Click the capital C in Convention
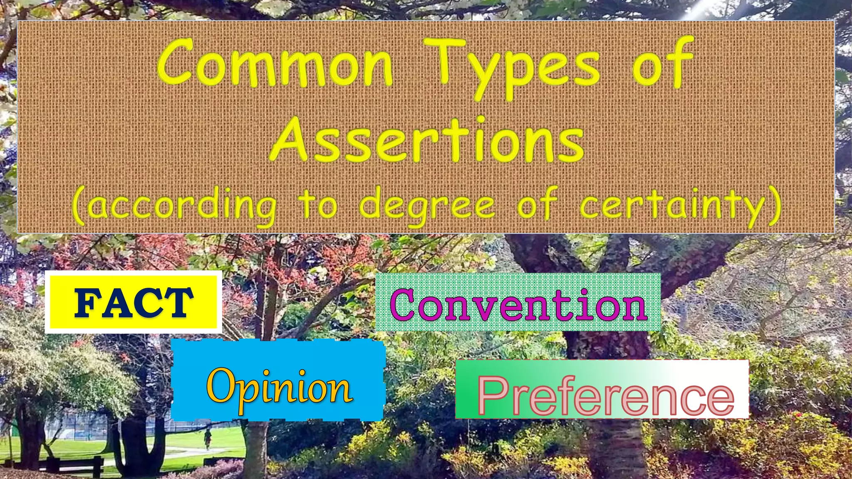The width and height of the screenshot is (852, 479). coord(406,305)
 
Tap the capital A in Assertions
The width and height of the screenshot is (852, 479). coord(292,139)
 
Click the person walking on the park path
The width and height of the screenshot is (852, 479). coord(207,439)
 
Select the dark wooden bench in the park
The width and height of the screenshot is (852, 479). coord(75,464)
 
